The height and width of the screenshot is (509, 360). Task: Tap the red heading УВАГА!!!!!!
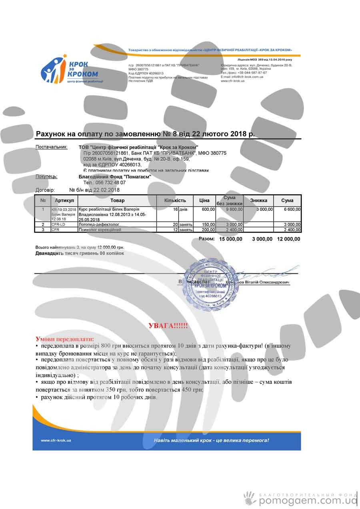click(x=168, y=326)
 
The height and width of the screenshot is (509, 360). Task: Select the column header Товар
click(x=117, y=200)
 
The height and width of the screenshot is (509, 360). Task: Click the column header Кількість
click(x=175, y=200)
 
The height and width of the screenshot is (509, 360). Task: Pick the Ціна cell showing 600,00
click(x=208, y=209)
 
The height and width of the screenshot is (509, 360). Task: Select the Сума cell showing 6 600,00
click(x=292, y=209)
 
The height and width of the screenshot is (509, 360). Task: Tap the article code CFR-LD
click(x=58, y=224)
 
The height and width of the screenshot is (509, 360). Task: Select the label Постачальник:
click(x=52, y=147)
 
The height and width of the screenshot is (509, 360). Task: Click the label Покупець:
click(x=46, y=176)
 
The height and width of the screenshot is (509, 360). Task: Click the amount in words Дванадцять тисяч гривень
click(x=80, y=253)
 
